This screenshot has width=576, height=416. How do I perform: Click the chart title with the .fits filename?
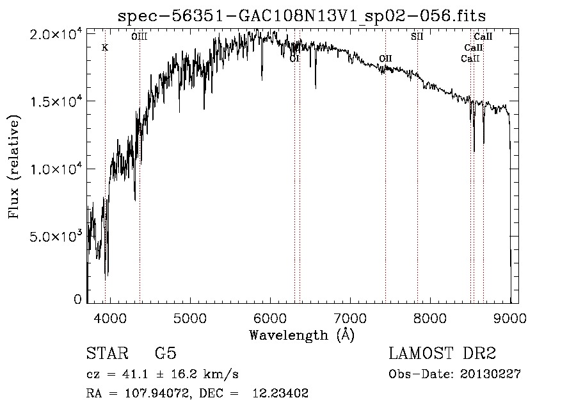click(x=307, y=16)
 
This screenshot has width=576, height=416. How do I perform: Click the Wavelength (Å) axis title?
click(x=301, y=335)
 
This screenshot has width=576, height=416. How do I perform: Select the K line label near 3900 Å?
click(x=105, y=47)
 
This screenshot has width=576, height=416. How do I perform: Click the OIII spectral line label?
click(x=140, y=37)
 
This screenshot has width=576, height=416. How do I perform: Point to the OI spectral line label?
click(x=294, y=59)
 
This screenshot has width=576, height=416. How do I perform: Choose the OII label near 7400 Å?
click(x=385, y=59)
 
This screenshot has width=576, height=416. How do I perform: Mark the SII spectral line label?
click(x=417, y=37)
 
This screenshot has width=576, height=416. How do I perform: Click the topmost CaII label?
click(x=483, y=37)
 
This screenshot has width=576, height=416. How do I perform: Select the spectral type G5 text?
click(x=165, y=353)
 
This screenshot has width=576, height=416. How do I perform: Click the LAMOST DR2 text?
click(x=442, y=353)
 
